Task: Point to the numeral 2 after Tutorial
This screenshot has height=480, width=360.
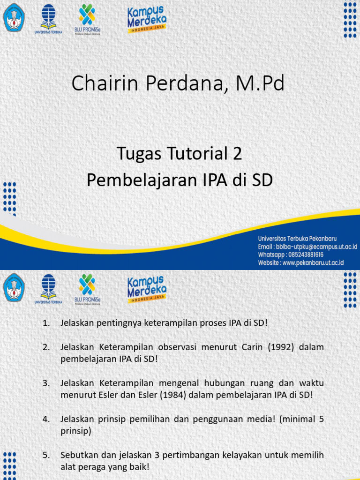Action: point(237,154)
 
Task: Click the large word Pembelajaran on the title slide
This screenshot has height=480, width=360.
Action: point(140,180)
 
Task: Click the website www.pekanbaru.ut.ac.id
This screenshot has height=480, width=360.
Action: point(313,262)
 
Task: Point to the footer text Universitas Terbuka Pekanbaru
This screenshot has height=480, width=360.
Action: point(297,238)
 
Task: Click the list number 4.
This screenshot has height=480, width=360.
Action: point(46,419)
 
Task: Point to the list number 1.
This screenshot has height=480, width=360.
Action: point(46,323)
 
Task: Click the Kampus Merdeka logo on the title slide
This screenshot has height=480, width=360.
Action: point(146,19)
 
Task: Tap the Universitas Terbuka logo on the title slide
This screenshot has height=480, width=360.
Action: point(48,19)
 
